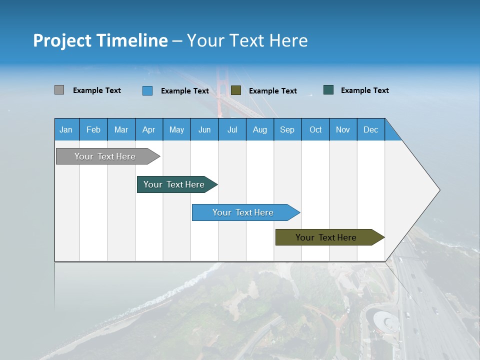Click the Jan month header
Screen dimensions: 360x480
[x=66, y=129]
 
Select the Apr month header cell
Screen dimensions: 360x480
[x=149, y=129]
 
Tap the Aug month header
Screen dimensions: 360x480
[x=260, y=129]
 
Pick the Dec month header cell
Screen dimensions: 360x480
[x=371, y=129]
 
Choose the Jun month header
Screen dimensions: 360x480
[x=204, y=129]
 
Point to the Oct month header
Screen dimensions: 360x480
[x=315, y=129]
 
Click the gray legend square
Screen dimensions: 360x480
[x=59, y=90]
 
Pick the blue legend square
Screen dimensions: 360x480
[x=147, y=90]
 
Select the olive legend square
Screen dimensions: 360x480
[x=236, y=90]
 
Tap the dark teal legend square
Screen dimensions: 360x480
[x=328, y=90]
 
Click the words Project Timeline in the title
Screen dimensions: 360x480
[x=100, y=40]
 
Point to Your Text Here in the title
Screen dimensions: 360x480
[x=247, y=40]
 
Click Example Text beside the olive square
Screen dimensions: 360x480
[x=273, y=91]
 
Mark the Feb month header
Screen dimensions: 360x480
[x=93, y=129]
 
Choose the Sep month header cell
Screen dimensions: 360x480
[x=287, y=129]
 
